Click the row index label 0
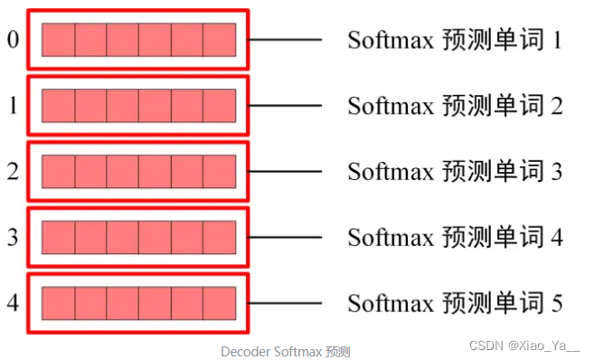tap(12, 41)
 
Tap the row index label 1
tap(12, 106)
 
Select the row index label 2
tap(12, 171)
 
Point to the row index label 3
tap(12, 237)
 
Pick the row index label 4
tap(12, 302)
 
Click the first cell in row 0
tap(58, 40)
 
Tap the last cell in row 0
tap(220, 40)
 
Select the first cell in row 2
tap(58, 171)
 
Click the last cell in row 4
tap(220, 302)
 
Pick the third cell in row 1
tap(123, 106)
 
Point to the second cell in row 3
tap(90, 237)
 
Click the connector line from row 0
tap(285, 40)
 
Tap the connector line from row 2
tap(285, 171)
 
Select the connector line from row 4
tap(285, 302)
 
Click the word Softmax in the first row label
tap(391, 40)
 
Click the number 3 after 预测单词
tap(556, 171)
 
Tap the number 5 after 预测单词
tap(556, 302)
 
